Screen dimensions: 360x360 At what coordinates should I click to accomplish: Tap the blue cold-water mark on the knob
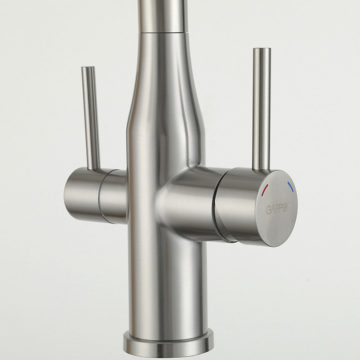[290, 186]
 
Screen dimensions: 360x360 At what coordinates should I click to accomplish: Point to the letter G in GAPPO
[269, 210]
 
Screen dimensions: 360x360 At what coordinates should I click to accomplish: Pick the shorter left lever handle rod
[91, 118]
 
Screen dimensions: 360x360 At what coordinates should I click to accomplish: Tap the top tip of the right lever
[262, 50]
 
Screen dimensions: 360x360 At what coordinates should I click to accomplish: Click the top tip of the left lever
[87, 69]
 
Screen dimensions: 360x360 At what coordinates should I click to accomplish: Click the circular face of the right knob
[278, 207]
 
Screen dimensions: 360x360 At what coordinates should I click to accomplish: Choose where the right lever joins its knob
[261, 169]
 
